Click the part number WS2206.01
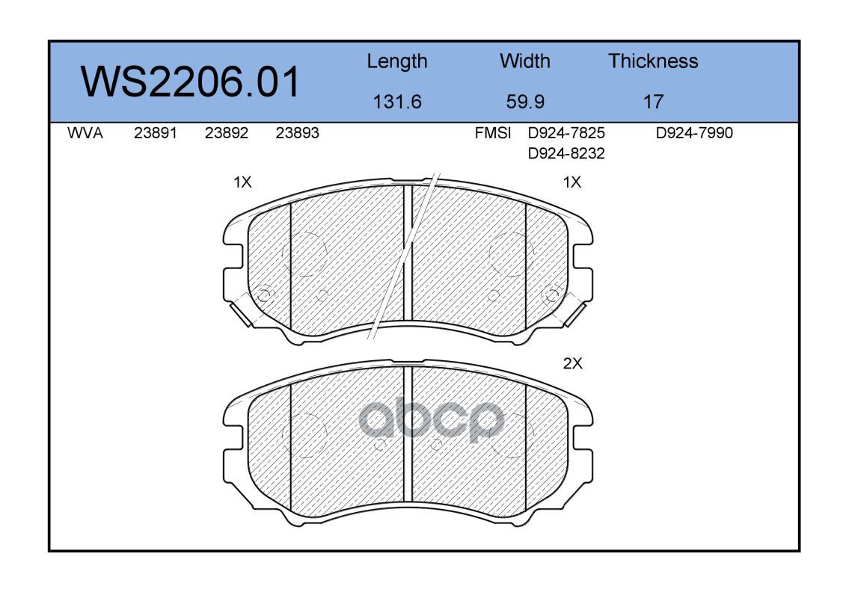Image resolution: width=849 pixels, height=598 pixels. click(190, 82)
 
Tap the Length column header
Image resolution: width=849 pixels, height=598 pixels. click(397, 62)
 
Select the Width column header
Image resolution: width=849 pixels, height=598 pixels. click(524, 61)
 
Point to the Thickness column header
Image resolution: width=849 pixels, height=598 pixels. click(653, 61)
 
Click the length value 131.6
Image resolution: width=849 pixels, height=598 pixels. click(397, 102)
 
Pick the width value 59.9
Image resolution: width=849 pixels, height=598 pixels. click(525, 102)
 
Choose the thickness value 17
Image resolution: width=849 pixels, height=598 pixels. click(653, 102)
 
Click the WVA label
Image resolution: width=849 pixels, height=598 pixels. click(85, 133)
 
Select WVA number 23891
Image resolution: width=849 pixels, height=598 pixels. click(156, 133)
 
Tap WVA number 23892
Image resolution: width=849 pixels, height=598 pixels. click(227, 133)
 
